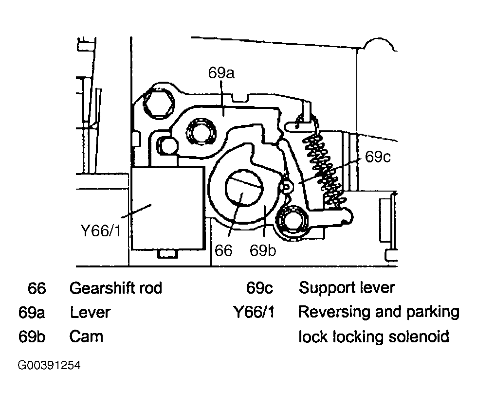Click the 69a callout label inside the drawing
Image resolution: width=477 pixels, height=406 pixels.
point(221,73)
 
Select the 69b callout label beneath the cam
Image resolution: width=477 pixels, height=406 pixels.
point(263,250)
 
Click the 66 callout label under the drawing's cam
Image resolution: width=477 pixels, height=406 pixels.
point(224,250)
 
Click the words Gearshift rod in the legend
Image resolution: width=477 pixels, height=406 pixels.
point(116,288)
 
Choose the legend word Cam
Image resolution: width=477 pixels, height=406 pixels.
point(86,336)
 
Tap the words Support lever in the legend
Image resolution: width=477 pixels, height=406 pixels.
point(347,288)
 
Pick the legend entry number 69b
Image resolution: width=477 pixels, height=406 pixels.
point(32,336)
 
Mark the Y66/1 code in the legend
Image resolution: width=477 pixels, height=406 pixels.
point(254,312)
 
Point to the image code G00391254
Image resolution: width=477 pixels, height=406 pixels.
point(49,366)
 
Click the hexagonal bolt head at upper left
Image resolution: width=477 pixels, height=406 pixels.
point(160,102)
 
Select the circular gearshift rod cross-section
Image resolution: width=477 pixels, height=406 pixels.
point(243,189)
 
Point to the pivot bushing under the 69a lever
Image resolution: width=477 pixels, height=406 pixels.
point(201,133)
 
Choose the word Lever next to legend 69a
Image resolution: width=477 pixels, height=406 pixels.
point(91,312)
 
